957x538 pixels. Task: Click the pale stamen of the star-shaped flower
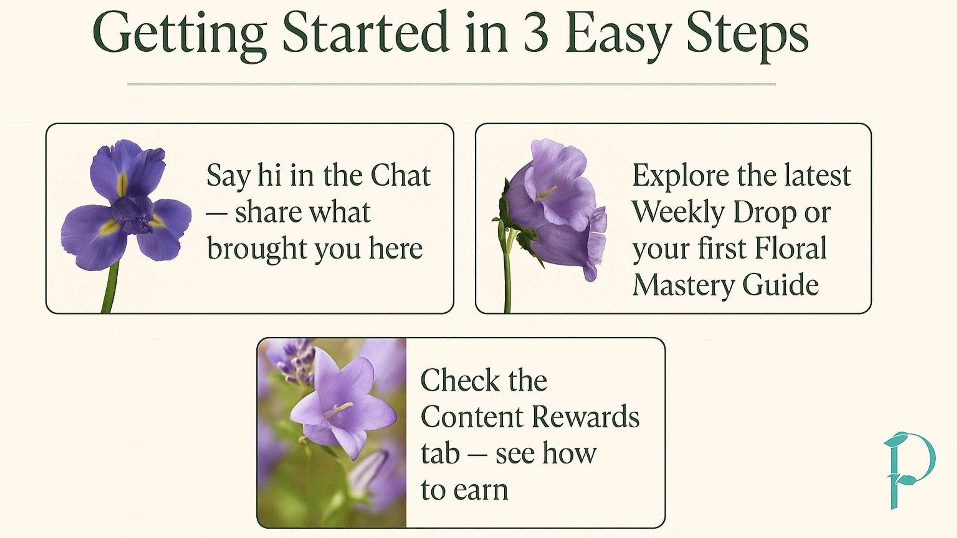pyautogui.click(x=338, y=409)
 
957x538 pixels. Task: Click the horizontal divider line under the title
pyautogui.click(x=451, y=84)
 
